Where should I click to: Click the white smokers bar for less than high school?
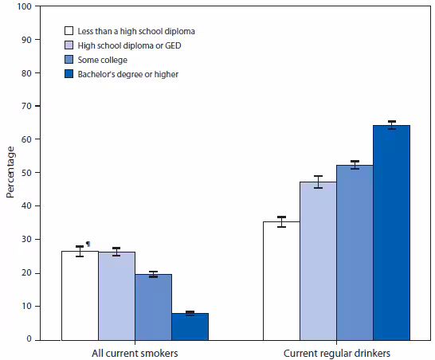80,295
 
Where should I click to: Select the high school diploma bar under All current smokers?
116,295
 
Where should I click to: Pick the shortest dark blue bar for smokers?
190,327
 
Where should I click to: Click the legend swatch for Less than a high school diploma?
71,31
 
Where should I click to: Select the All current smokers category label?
135,352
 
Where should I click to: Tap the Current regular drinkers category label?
336,352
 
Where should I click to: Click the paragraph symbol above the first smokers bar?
88,245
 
